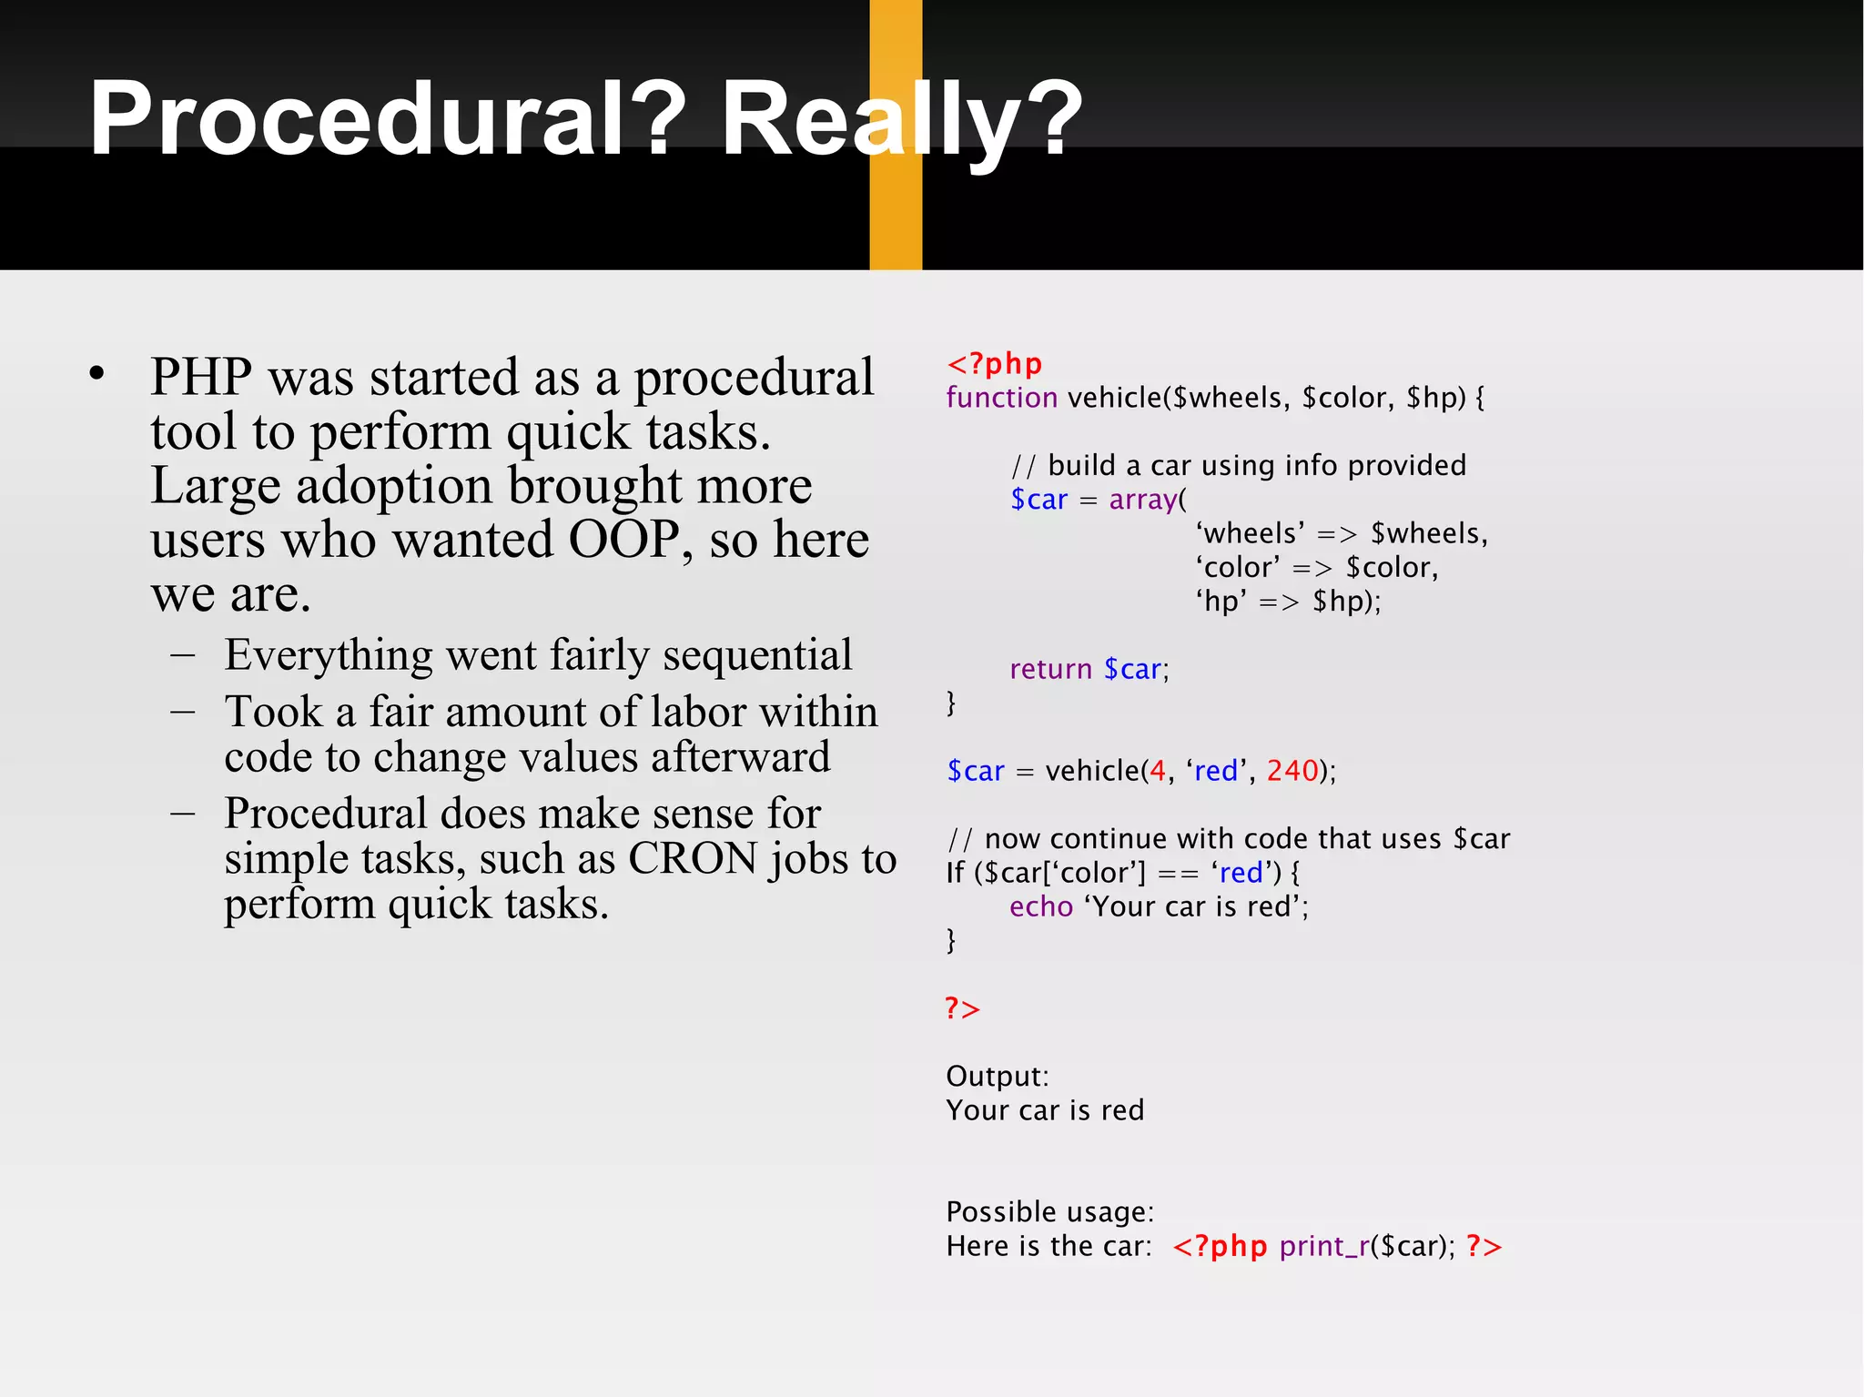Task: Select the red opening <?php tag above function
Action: click(994, 364)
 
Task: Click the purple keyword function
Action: click(1001, 398)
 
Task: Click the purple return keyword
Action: click(1050, 669)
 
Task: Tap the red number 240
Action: click(1292, 771)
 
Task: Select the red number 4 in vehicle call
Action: click(1157, 771)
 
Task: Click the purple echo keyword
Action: click(1041, 906)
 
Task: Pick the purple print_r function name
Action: click(1323, 1246)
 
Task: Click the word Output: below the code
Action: click(997, 1076)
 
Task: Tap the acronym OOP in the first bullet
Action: click(623, 540)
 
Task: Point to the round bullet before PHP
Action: click(97, 373)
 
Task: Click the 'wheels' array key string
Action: click(1251, 533)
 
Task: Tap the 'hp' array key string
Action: click(1221, 602)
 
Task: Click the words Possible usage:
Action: click(1049, 1211)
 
